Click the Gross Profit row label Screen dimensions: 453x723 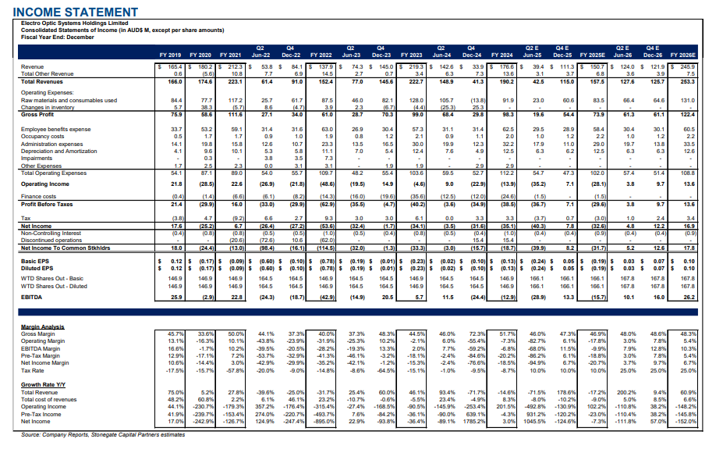point(38,114)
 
